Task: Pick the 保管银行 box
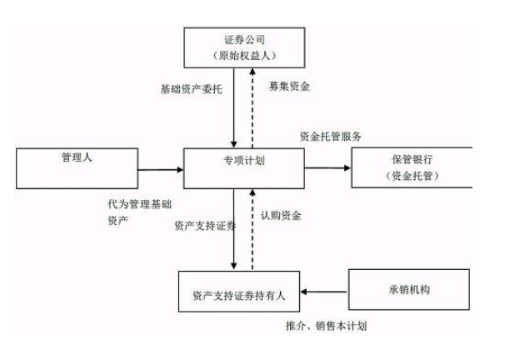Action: pos(411,167)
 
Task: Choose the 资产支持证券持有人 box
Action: pos(240,292)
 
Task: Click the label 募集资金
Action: pos(289,87)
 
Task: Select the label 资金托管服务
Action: pos(331,136)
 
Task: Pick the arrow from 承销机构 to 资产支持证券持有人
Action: pos(326,292)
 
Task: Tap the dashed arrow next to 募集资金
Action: pos(253,108)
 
